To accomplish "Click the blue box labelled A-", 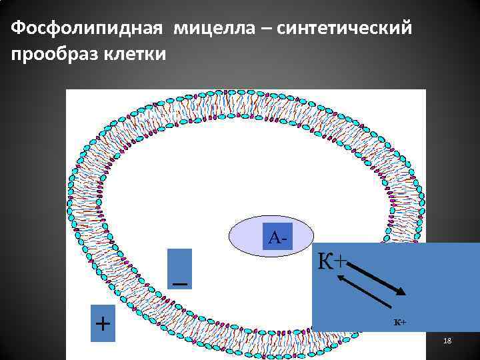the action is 278,237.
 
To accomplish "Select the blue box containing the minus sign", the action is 179,269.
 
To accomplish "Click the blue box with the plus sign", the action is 103,323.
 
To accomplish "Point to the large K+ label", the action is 332,261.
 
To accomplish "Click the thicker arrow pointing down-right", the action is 377,279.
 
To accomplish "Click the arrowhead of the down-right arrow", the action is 401,291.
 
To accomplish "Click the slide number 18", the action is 447,341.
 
